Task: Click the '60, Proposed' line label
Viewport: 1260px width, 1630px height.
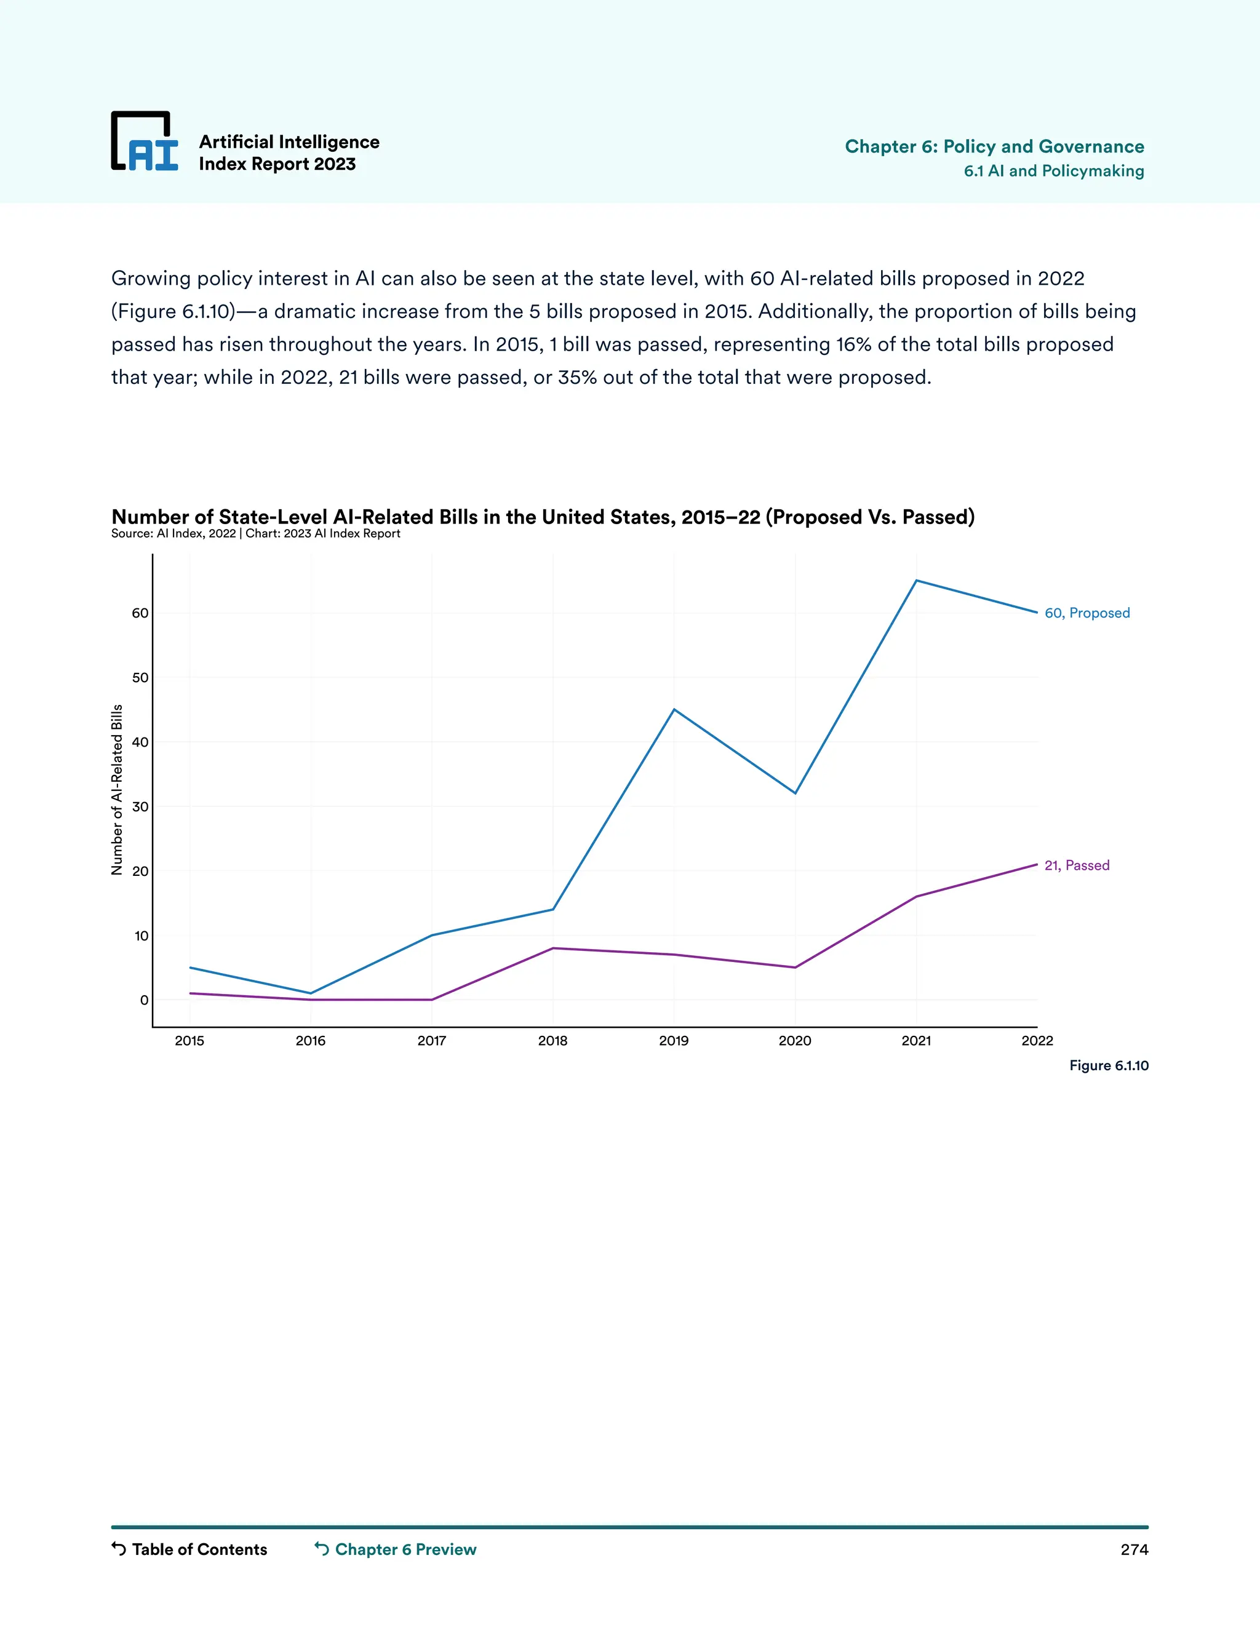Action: click(x=1087, y=613)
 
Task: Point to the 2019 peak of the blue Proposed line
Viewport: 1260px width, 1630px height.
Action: click(x=674, y=709)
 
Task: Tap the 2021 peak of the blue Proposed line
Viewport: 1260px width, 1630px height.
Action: click(x=916, y=580)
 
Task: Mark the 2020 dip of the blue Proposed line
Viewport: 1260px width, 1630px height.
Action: click(x=795, y=793)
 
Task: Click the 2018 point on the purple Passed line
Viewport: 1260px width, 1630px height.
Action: click(x=552, y=948)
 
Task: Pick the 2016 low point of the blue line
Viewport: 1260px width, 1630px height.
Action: click(x=311, y=993)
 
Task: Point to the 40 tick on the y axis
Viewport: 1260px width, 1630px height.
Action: click(x=140, y=742)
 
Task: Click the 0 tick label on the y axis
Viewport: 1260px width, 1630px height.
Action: click(x=144, y=1000)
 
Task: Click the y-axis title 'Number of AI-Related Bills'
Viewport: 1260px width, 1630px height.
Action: click(x=117, y=790)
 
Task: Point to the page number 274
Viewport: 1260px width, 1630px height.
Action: click(x=1134, y=1549)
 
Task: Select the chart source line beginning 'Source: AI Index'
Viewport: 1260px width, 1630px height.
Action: click(x=255, y=534)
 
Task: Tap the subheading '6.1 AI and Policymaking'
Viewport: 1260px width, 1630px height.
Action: click(x=1053, y=171)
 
